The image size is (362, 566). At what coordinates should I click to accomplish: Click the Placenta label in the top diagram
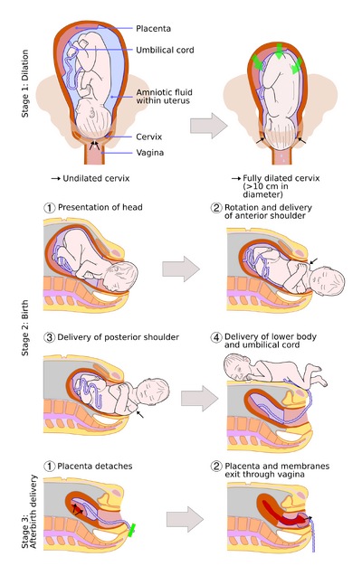coord(153,29)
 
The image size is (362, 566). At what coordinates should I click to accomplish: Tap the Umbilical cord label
coord(165,50)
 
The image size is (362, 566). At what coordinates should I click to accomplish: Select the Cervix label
coord(148,137)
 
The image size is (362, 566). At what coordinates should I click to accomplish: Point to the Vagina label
coord(149,153)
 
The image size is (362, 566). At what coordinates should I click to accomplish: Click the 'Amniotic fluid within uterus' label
coord(164,97)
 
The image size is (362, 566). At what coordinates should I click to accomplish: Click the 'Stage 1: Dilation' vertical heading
coord(25,83)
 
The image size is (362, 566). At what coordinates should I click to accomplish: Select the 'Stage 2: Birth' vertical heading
coord(25,328)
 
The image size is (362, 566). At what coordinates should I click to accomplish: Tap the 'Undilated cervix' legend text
coord(96,178)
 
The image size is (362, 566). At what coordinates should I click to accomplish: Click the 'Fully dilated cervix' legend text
coord(281,178)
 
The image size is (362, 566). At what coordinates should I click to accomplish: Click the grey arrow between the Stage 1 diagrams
coord(209,126)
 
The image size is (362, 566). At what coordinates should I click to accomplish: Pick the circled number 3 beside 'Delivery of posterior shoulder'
coord(49,337)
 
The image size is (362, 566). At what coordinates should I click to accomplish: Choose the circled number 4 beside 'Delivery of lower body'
coord(216,337)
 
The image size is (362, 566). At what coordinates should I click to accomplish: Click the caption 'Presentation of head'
coord(100,207)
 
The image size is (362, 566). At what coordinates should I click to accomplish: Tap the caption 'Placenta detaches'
coord(95,466)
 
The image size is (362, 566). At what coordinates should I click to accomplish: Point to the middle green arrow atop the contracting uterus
coord(279,51)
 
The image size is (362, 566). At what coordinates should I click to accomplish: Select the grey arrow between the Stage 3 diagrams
coord(185,519)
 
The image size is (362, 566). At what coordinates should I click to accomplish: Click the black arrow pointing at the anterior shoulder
coord(314,260)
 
